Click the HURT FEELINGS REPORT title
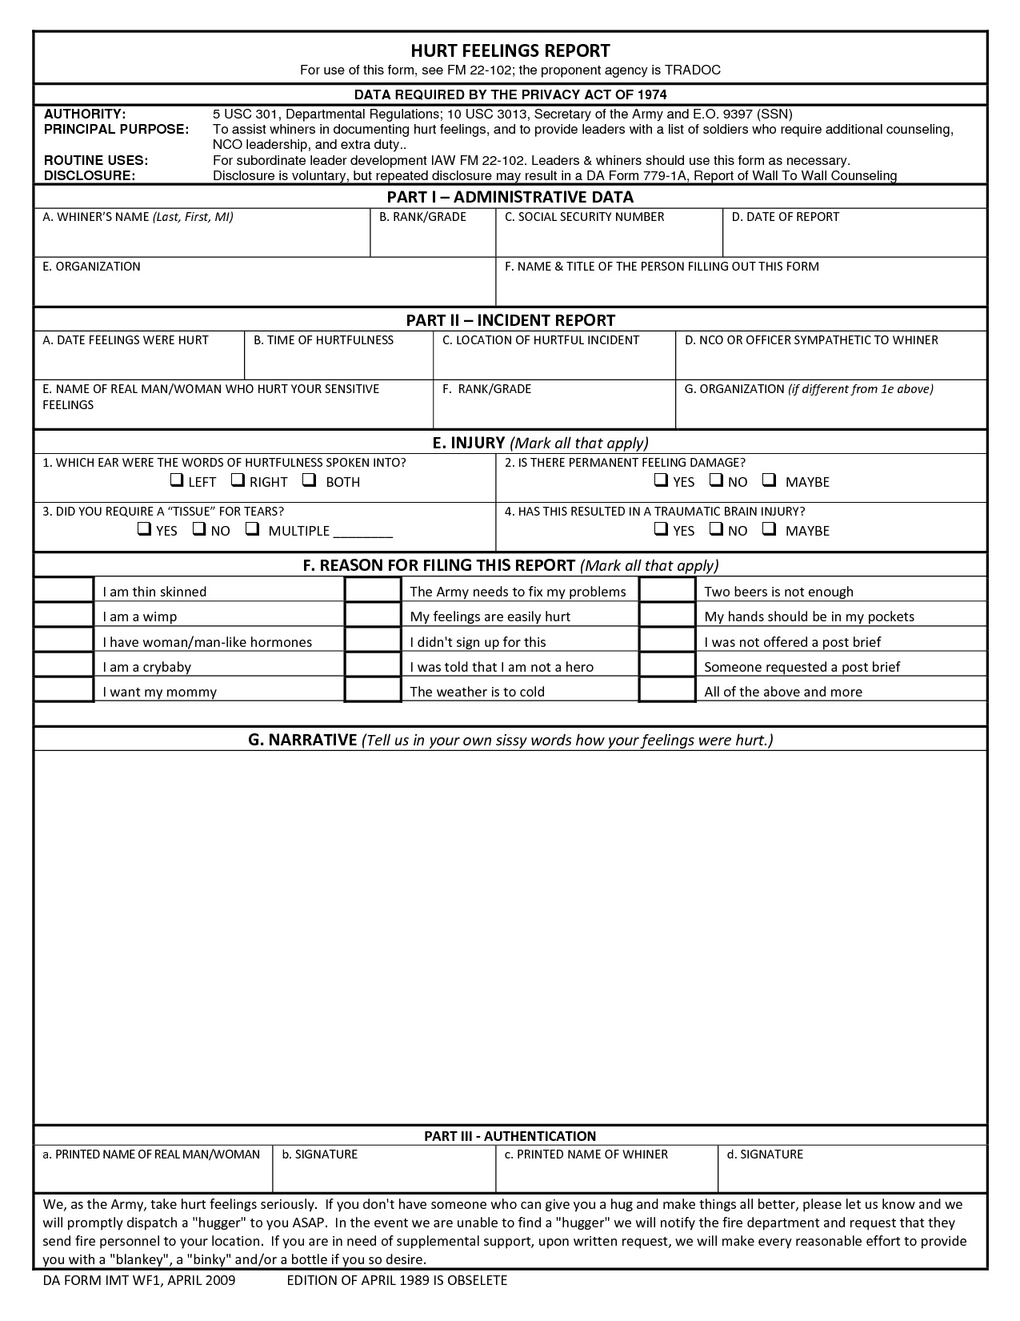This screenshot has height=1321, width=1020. coord(510,50)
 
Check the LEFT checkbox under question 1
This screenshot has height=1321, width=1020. coord(176,480)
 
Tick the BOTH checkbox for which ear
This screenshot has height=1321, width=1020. coord(310,480)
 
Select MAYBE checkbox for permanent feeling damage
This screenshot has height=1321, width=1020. coord(770,480)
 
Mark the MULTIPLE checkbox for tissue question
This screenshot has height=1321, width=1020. coord(253,529)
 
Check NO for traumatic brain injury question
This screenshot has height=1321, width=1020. coord(717,529)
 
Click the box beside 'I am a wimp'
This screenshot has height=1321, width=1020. coord(64,616)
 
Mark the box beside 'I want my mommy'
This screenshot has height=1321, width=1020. coord(64,690)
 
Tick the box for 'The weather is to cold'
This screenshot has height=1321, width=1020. coord(373,690)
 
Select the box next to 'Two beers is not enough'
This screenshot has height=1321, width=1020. coord(667,590)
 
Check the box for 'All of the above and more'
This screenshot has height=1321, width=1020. coord(667,690)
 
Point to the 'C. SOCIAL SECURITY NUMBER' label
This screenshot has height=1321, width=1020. coord(584,217)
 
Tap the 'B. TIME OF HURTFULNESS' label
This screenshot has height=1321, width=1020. coord(323,340)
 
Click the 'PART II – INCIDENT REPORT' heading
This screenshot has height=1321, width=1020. coord(510,320)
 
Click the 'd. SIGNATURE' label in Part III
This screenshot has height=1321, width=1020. coord(764,1154)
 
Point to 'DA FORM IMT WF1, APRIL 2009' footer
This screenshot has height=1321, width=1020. coord(139,1280)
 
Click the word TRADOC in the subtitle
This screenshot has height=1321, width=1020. coord(692,70)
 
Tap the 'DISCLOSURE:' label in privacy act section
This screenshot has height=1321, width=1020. coord(90,175)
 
